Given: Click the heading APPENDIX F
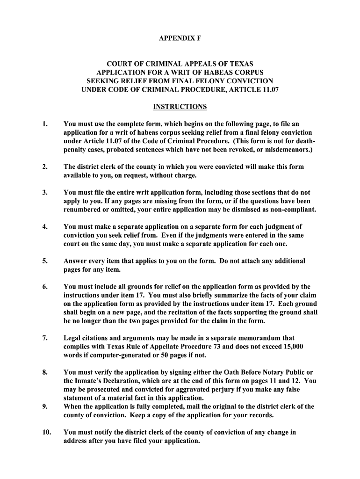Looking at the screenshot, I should pyautogui.click(x=180, y=38).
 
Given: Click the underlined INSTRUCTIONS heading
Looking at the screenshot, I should pyautogui.click(x=180, y=107).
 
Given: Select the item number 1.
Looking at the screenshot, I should pyautogui.click(x=44, y=124).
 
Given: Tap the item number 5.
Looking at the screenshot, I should pyautogui.click(x=44, y=261).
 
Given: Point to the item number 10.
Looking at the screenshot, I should pyautogui.click(x=46, y=432).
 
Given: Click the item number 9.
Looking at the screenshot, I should pyautogui.click(x=44, y=406).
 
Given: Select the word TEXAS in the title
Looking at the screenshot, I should pyautogui.click(x=238, y=63).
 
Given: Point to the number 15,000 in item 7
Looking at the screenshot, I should pyautogui.click(x=294, y=346).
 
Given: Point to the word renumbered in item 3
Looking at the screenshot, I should pyautogui.click(x=82, y=209).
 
